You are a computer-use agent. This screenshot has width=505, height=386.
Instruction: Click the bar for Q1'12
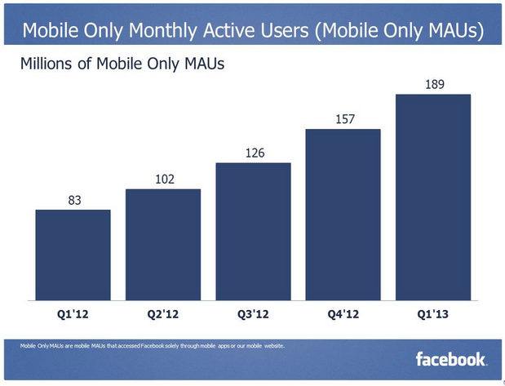pos(73,255)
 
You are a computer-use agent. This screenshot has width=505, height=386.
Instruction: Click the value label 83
pos(73,199)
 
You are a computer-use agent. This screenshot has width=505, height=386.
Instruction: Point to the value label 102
pos(162,179)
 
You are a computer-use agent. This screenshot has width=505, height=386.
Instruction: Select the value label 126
pos(253,153)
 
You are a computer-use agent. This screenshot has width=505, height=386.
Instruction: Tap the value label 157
pos(343,119)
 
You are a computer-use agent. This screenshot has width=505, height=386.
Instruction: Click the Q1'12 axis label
pos(73,313)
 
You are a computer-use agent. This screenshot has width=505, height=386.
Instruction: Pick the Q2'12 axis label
pos(162,313)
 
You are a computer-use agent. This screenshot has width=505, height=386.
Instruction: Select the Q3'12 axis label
pos(253,313)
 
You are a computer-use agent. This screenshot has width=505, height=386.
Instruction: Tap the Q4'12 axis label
pos(343,313)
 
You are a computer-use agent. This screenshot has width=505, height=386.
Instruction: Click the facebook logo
pos(451,358)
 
